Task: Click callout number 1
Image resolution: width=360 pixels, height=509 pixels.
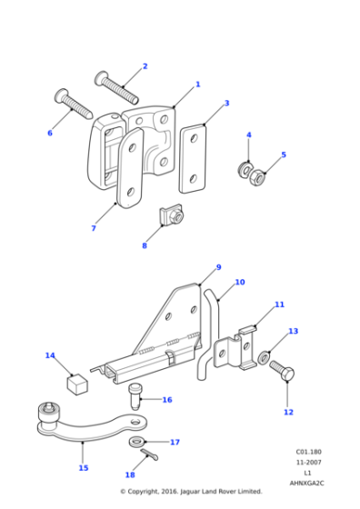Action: [197, 85]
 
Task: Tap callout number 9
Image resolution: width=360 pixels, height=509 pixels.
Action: [218, 267]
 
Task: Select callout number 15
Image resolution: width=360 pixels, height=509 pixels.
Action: [84, 468]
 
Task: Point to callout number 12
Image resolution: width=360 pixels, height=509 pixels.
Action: [288, 412]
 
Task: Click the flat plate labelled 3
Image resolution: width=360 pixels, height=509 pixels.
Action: [193, 158]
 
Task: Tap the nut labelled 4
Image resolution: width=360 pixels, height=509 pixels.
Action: [245, 168]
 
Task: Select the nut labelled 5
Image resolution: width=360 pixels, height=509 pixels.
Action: [258, 175]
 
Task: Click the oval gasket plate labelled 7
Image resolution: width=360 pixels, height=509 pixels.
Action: [127, 172]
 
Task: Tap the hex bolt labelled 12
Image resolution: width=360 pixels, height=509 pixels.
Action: [281, 368]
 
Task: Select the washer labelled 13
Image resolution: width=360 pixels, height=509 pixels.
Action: [264, 357]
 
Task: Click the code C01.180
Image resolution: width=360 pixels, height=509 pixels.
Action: [308, 452]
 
